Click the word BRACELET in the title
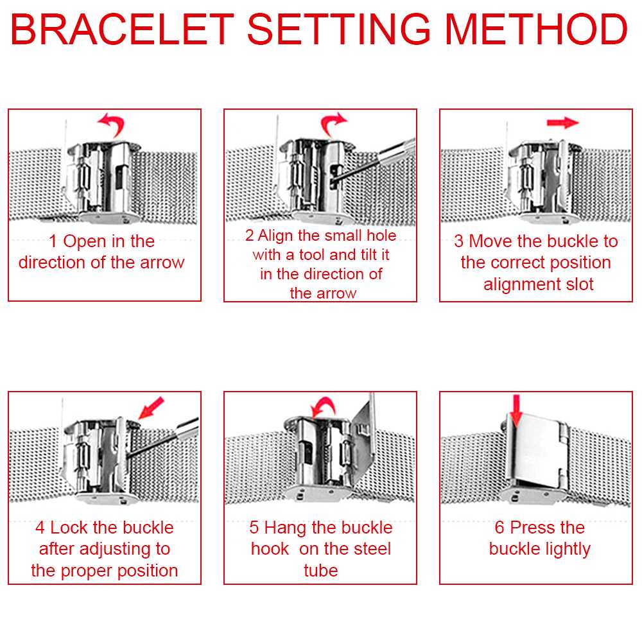point(121,29)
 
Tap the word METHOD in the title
point(536,29)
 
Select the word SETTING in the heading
point(338,29)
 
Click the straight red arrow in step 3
point(562,123)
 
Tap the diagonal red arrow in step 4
point(151,408)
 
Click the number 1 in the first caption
point(53,241)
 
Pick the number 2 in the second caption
point(249,236)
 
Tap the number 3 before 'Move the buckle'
point(458,241)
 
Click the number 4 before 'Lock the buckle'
point(40,527)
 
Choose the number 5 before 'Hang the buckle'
point(254,527)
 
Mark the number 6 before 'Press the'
point(499,527)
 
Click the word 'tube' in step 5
point(320,570)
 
